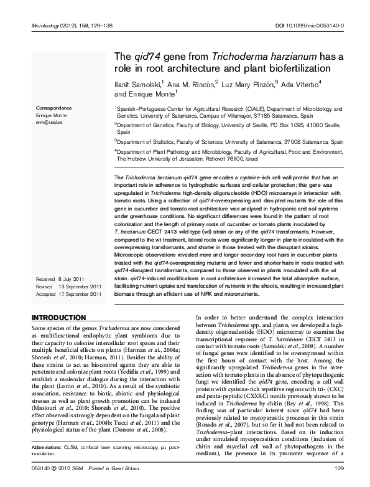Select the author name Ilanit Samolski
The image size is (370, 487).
click(x=136, y=82)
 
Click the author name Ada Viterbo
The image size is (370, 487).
click(x=300, y=82)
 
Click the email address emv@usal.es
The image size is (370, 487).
click(x=49, y=122)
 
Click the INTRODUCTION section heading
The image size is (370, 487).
click(x=58, y=318)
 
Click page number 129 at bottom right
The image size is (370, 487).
click(x=339, y=468)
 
